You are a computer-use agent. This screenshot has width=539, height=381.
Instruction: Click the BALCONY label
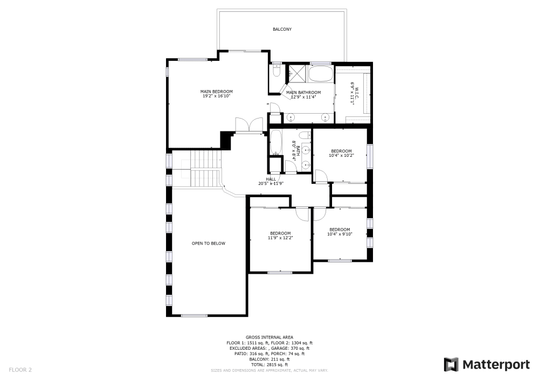(x=282, y=29)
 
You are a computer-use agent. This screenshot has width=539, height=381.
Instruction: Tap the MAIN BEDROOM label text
(x=217, y=92)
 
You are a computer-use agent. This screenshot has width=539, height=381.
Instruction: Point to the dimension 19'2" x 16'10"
(x=217, y=96)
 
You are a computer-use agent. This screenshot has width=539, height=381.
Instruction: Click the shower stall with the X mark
(x=297, y=73)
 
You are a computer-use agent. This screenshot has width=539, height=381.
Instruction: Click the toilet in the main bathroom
(x=276, y=71)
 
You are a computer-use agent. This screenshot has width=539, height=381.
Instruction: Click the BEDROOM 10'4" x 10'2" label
(x=341, y=153)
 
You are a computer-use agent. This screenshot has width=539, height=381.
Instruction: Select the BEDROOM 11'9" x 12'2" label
(x=280, y=235)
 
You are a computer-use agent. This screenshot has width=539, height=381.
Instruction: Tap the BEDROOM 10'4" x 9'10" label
(x=340, y=231)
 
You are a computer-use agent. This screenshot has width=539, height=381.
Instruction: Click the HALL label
(x=271, y=179)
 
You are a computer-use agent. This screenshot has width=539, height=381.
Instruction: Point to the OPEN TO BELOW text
(x=209, y=244)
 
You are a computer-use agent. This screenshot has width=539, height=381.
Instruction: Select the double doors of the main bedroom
(x=248, y=124)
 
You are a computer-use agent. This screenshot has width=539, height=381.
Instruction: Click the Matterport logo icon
(x=451, y=365)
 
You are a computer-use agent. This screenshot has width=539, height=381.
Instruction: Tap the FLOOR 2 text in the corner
(x=20, y=370)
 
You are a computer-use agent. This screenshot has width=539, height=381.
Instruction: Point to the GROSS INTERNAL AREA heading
(x=269, y=337)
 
